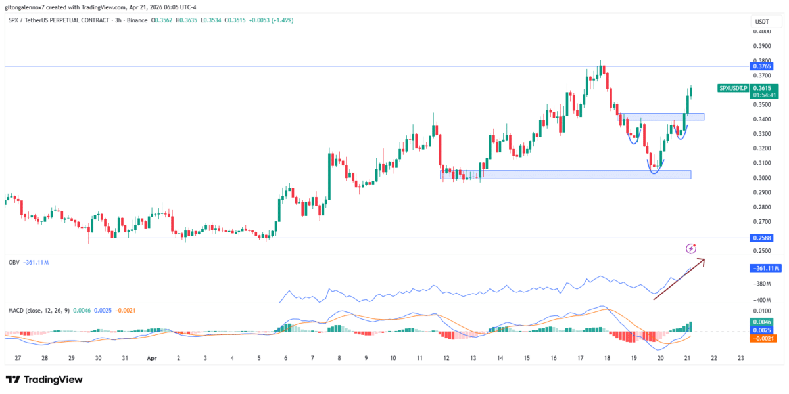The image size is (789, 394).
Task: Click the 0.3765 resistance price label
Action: [763, 66]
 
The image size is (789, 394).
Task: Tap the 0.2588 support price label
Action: [763, 238]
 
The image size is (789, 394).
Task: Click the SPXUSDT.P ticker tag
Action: [732, 88]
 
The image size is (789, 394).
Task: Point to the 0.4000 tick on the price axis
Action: [763, 31]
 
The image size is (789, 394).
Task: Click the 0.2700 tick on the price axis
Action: [763, 222]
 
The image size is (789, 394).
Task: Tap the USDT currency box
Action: [762, 21]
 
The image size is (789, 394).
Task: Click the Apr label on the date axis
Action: [151, 359]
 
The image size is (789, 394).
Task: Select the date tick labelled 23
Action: [740, 359]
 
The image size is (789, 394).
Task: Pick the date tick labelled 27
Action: [18, 359]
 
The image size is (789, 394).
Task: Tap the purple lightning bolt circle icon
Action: [690, 248]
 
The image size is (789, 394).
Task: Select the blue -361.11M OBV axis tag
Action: [765, 268]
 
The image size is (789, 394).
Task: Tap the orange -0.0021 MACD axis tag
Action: [761, 338]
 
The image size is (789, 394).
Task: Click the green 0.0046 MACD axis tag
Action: [761, 322]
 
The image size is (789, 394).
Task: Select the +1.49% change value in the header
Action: [281, 20]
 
